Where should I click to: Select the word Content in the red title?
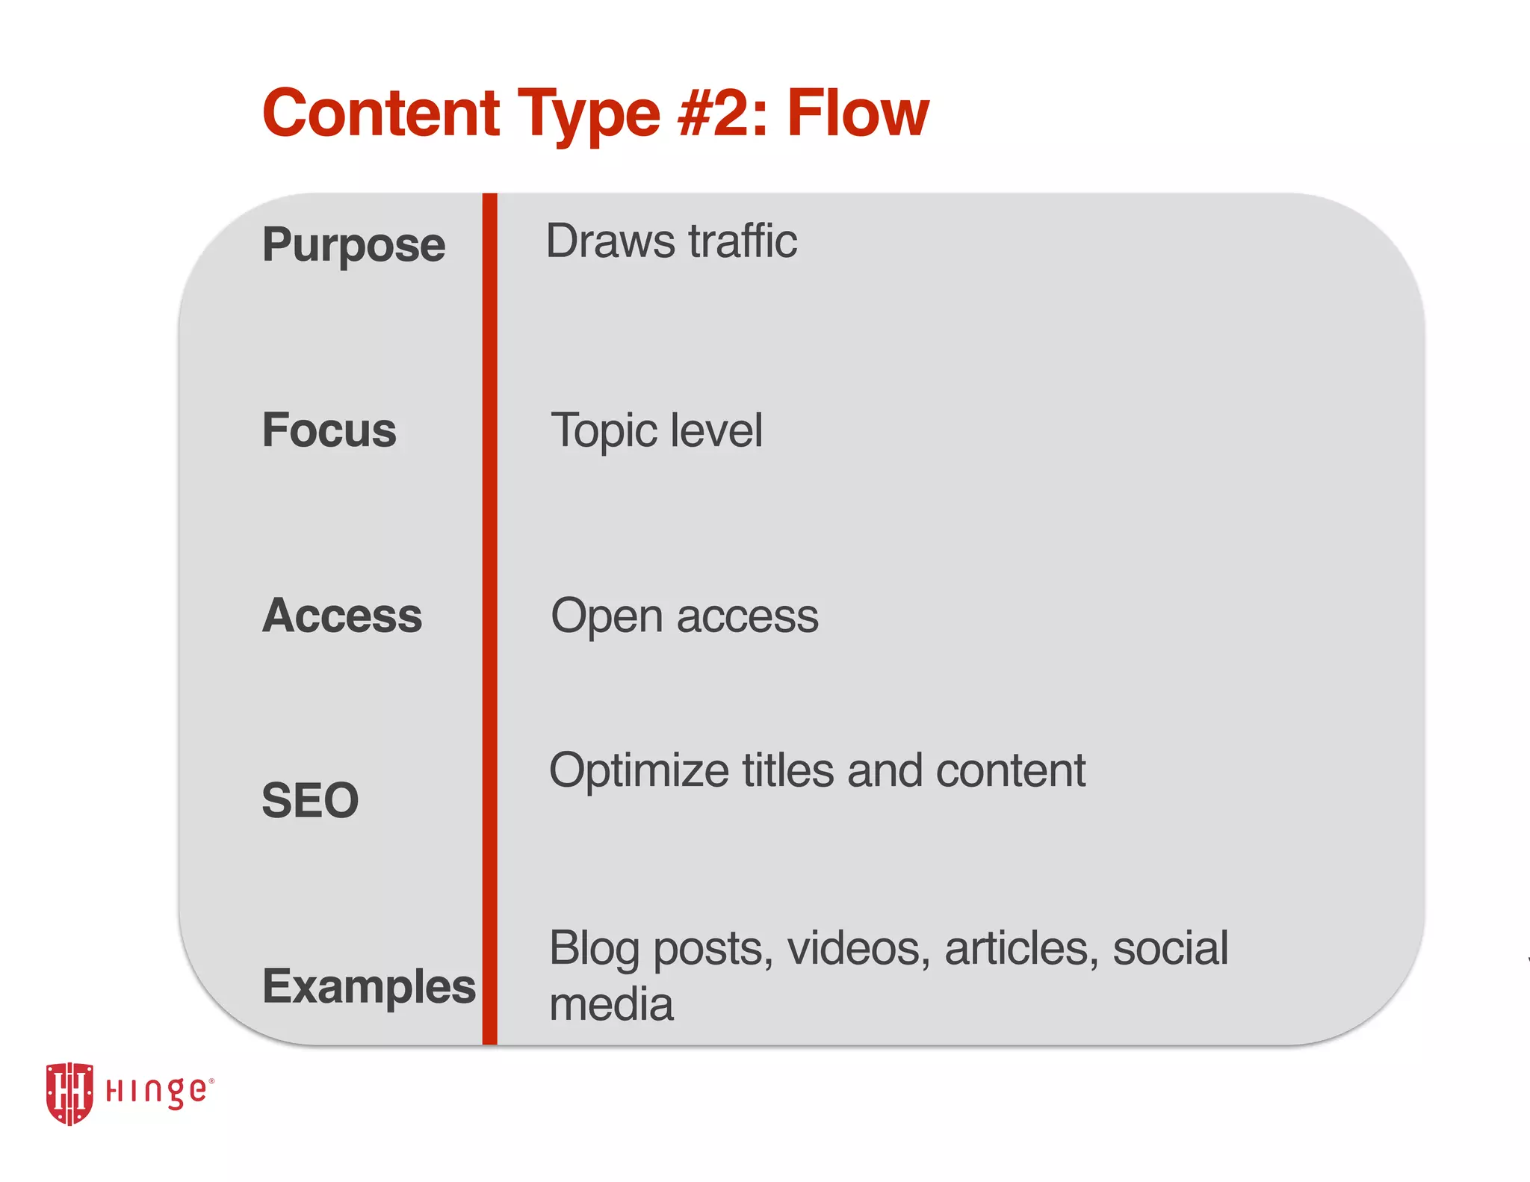pos(381,114)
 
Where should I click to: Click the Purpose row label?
pos(353,246)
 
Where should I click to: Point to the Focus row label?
pos(329,430)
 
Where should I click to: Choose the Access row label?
pos(342,616)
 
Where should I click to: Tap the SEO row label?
pos(310,800)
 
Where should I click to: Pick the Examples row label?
pos(368,986)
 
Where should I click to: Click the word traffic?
pos(743,241)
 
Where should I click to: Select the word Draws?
pos(610,241)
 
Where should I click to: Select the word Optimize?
pos(639,772)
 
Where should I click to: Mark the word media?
pos(611,1004)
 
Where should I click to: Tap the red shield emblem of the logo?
pos(69,1092)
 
